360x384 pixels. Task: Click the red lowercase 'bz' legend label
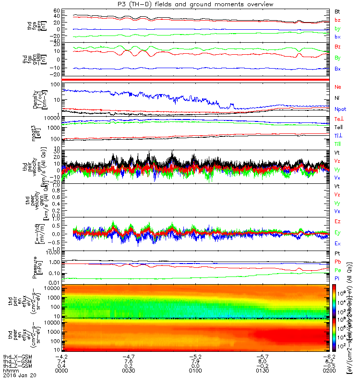[x=337, y=20]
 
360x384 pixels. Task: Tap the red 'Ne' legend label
[x=337, y=87]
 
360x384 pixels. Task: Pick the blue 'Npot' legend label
[x=340, y=109]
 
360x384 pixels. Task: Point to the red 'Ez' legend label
[x=337, y=222]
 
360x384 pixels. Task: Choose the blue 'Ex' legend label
[x=337, y=243]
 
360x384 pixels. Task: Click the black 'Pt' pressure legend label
[x=337, y=253]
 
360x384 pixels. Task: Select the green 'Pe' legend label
[x=337, y=271]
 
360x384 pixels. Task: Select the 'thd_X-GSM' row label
[x=15, y=356]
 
